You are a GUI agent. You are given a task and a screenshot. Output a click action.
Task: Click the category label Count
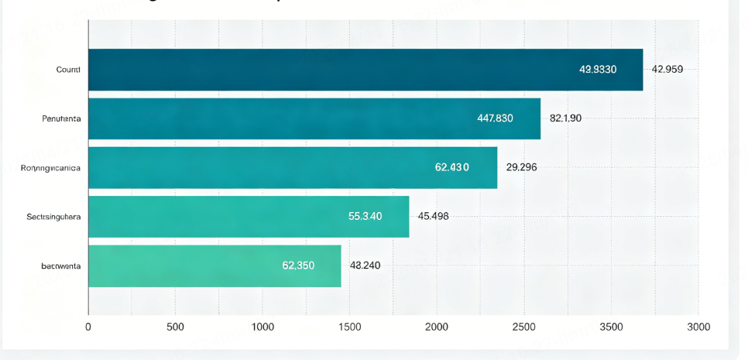(68, 70)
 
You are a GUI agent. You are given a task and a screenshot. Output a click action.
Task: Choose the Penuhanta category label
(62, 118)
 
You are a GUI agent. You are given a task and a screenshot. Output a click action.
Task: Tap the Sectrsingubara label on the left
(53, 216)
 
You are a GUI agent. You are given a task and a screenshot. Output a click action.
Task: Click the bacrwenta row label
(61, 266)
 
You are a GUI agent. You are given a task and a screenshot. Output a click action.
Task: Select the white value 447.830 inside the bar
(495, 118)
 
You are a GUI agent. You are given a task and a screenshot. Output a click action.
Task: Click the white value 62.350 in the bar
(298, 266)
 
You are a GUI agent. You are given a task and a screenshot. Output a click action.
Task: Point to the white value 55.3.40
(365, 216)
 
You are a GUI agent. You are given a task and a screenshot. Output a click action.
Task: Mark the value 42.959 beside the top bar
(667, 70)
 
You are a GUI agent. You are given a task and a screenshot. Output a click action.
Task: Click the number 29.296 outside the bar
(522, 167)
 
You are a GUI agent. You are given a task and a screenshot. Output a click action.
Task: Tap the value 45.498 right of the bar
(433, 216)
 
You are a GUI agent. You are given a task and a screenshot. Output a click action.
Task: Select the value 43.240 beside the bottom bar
(365, 266)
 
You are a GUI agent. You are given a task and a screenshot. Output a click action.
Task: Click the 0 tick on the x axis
(88, 327)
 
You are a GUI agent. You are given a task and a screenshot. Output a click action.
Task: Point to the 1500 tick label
(349, 327)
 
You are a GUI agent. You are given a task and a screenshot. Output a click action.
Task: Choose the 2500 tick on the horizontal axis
(523, 327)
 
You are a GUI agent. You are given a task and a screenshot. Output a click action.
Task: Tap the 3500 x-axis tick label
(611, 327)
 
